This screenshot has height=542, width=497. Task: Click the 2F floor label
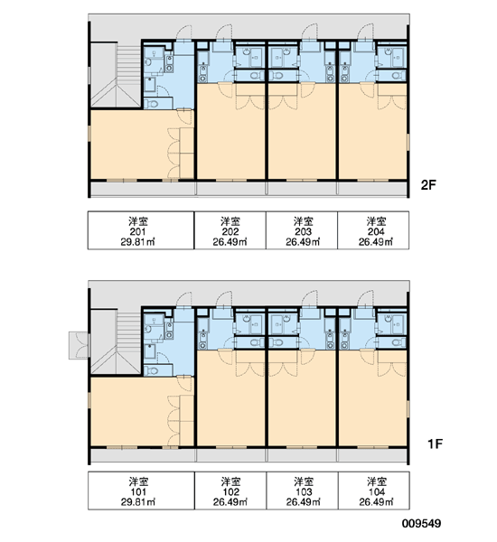428,185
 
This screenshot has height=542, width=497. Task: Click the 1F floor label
435,444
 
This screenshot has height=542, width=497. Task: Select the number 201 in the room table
137,231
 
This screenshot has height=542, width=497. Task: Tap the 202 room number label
230,231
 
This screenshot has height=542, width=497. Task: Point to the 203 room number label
303,231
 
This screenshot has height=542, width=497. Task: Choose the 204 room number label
376,231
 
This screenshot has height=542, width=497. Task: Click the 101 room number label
138,492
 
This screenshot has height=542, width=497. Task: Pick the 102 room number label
230,492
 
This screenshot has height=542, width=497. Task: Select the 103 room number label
304,492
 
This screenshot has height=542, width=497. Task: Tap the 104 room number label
376,492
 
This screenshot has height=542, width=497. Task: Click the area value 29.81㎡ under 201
137,241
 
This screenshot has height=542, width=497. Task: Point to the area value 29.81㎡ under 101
138,502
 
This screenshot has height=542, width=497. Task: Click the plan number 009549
421,523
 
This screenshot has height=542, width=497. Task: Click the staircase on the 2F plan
117,75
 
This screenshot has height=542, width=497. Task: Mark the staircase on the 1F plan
117,343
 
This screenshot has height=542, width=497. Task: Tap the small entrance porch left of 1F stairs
79,345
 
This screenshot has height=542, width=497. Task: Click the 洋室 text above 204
376,221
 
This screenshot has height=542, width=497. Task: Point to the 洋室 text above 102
230,481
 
